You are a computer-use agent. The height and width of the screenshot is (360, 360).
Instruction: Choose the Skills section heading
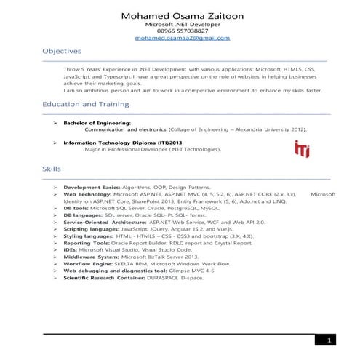click(52, 169)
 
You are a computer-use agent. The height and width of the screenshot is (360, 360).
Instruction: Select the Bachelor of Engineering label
click(97, 123)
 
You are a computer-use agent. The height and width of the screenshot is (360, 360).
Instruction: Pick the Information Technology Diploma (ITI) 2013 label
click(121, 143)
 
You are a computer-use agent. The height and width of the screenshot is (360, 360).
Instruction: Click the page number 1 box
click(329, 340)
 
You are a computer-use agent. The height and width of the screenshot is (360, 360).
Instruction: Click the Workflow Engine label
click(87, 263)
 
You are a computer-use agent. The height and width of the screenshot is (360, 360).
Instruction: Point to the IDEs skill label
click(70, 249)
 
